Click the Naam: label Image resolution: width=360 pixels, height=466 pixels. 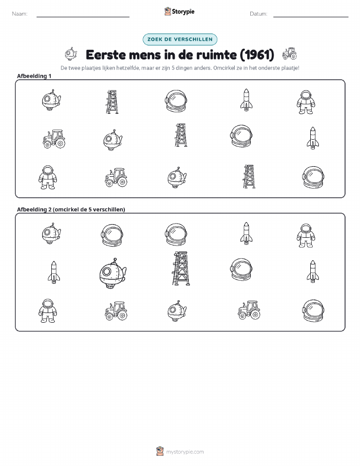click(20, 14)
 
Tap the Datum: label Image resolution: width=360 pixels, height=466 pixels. click(258, 14)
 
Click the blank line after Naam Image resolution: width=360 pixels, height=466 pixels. click(83, 17)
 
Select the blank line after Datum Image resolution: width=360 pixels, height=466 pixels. click(311, 17)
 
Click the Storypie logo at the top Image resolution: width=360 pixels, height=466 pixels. click(179, 12)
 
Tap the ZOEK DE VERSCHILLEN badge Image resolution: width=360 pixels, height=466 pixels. click(180, 39)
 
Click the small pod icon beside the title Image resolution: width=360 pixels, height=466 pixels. click(71, 54)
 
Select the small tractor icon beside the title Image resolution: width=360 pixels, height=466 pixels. click(289, 53)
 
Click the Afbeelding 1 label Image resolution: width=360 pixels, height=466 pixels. click(34, 76)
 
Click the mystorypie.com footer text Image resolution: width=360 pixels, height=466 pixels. click(185, 452)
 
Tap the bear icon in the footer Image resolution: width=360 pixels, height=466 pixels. click(160, 451)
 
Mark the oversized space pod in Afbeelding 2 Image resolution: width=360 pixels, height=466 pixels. click(113, 273)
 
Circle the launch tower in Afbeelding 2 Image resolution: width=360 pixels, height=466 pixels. click(181, 268)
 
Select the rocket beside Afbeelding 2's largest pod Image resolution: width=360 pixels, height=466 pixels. click(54, 272)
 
